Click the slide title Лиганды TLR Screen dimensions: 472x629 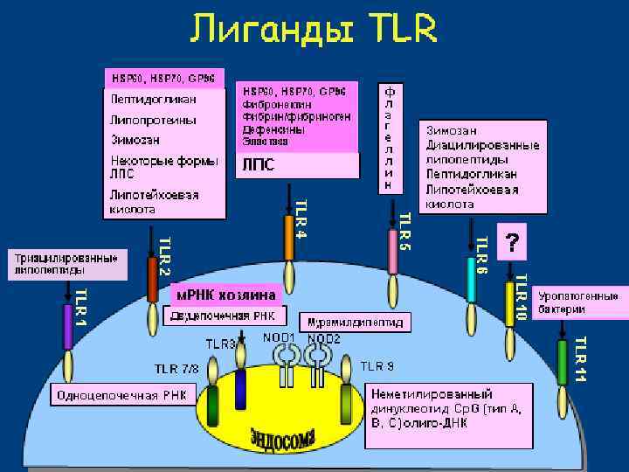313,32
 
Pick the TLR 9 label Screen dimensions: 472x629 377,365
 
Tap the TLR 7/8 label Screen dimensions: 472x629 177,367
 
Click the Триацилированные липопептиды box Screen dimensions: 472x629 66,264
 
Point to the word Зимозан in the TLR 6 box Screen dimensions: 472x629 452,130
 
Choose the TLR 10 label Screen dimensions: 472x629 520,297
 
